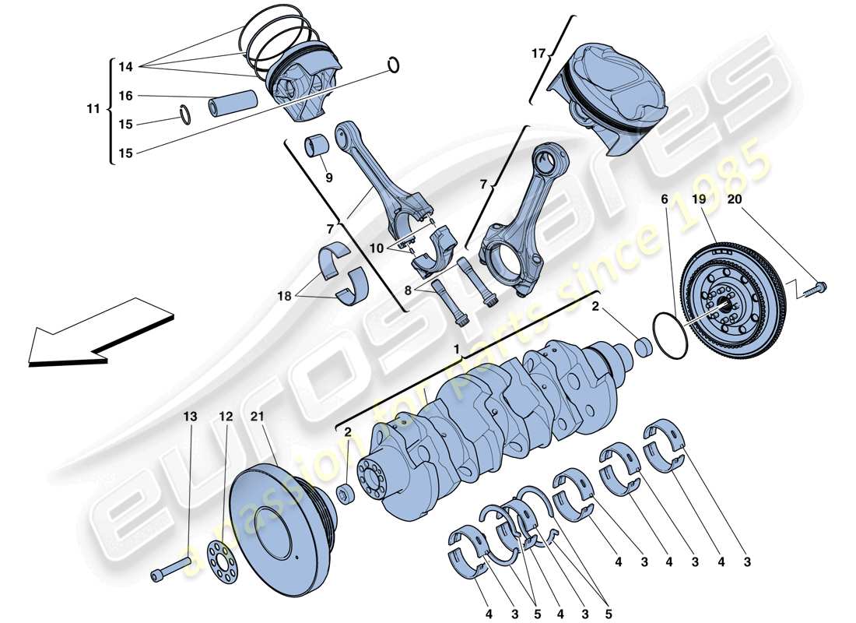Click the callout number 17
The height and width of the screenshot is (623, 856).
coord(537,55)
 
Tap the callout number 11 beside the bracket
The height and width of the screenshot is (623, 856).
coord(93,109)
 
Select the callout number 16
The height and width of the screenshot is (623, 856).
coord(125,96)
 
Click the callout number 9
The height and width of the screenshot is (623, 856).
coord(328,178)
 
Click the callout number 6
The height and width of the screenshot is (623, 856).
coord(665,200)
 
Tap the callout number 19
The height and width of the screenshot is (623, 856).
coord(700,200)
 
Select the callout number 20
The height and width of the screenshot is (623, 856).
coord(735,200)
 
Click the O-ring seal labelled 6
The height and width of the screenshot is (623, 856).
coord(665,335)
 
